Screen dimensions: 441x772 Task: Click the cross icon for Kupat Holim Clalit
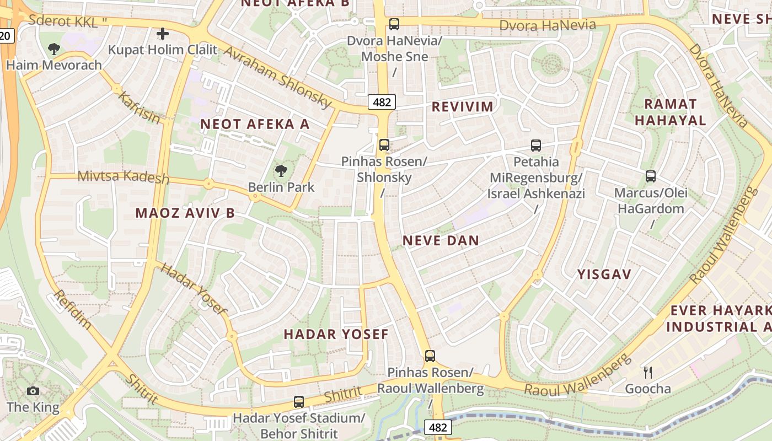click(163, 34)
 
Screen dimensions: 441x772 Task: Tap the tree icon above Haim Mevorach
click(53, 49)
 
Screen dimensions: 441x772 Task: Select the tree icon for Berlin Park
click(281, 171)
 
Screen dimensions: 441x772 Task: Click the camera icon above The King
click(33, 391)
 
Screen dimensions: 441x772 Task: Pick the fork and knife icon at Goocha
click(648, 373)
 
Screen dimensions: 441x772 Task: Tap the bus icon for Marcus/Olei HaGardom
click(651, 177)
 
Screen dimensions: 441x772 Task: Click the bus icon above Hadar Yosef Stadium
click(299, 402)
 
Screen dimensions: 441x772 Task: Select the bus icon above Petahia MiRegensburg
click(536, 146)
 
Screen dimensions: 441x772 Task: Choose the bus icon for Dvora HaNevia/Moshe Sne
click(394, 24)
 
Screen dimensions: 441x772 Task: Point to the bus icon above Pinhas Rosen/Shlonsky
click(384, 145)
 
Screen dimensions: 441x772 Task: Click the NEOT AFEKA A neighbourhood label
click(255, 124)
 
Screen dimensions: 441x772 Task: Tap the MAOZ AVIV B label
click(185, 213)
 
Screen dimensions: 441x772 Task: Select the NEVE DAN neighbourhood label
click(441, 240)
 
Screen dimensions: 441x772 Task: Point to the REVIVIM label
click(462, 106)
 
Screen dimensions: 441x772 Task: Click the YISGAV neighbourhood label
click(604, 274)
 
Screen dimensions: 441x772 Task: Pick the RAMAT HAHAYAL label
click(670, 112)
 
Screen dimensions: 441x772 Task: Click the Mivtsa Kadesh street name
click(124, 176)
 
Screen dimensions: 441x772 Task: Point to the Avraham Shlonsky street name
click(277, 77)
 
